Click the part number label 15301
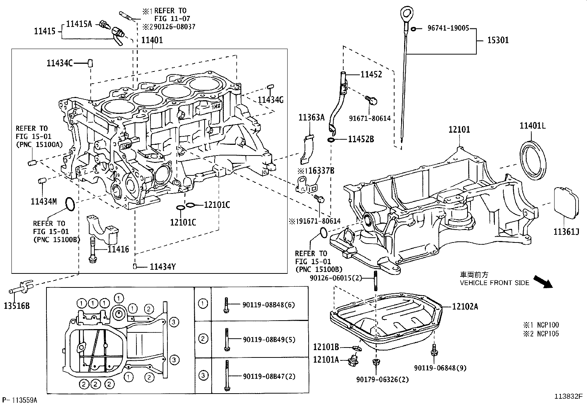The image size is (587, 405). (498, 40)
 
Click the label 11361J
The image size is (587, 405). (566, 231)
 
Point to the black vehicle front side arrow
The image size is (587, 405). (543, 282)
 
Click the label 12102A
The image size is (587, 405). (465, 306)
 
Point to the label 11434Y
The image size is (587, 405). (163, 266)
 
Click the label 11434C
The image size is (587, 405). (59, 63)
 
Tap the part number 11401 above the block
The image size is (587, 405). (152, 40)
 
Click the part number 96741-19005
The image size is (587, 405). (448, 28)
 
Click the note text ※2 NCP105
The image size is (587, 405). (541, 334)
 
